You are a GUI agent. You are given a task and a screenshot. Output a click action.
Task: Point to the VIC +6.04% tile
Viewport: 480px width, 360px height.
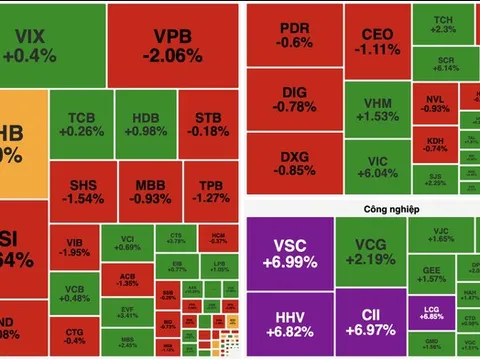pos(376,164)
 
